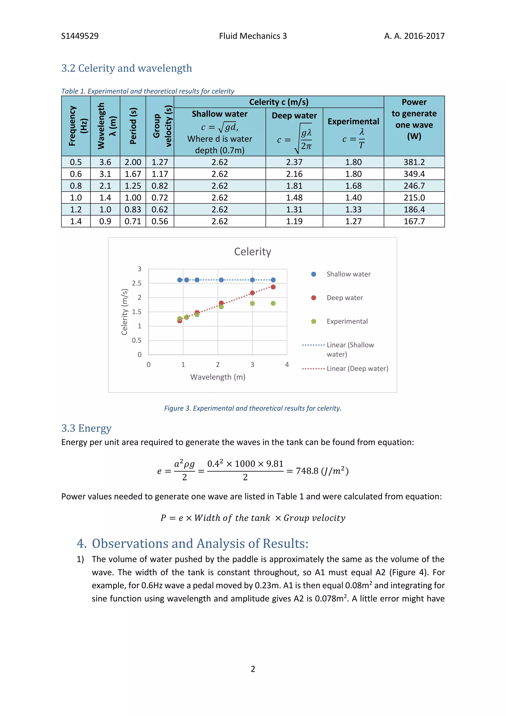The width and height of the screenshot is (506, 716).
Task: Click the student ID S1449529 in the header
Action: point(80,36)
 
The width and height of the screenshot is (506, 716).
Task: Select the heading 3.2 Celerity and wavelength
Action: point(126,68)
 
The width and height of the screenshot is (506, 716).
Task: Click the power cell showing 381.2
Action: point(414,162)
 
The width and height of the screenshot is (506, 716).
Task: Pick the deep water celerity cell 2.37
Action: point(294,162)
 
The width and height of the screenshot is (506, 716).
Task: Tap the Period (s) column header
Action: point(133,126)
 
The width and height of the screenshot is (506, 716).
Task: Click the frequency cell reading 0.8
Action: point(76,186)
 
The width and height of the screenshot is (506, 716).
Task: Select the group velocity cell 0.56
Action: point(160,222)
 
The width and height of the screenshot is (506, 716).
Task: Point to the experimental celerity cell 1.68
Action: point(353,186)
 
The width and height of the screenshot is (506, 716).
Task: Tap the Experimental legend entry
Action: point(347,321)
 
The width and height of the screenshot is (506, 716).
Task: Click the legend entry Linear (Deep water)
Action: point(357,369)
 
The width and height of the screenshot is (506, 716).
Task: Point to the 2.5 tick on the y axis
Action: point(136,283)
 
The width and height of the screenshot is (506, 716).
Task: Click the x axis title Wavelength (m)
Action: point(218,377)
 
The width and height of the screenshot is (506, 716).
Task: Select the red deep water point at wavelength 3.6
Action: point(273,287)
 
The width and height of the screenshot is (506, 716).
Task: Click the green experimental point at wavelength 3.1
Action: point(252,303)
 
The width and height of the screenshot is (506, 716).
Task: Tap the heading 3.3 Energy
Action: point(86,428)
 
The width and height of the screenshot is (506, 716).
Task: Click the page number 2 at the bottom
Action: point(253,669)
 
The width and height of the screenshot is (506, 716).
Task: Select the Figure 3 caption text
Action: point(253,408)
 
